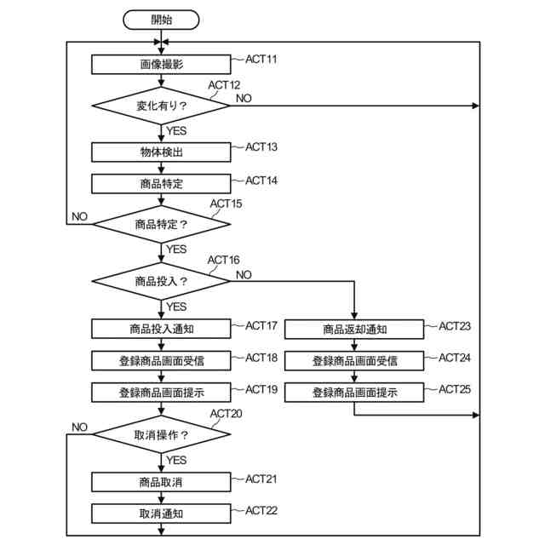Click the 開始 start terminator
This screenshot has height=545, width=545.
161,20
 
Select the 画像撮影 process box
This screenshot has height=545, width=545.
161,65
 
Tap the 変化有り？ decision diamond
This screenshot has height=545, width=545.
161,106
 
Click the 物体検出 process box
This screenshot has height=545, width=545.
161,152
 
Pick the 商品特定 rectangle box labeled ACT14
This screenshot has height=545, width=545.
161,184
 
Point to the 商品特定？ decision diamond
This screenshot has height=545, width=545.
161,224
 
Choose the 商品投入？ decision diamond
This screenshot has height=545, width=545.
161,281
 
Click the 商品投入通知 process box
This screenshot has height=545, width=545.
161,329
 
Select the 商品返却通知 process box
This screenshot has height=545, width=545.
354,330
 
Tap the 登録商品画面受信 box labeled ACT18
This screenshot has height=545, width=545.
161,361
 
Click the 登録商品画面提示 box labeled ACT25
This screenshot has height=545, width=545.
354,393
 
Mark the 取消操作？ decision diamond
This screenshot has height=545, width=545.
161,434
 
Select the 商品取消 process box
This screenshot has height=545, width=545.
161,482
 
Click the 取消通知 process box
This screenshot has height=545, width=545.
161,513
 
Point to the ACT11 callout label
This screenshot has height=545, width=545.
261,60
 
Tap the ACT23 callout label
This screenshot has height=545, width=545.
454,326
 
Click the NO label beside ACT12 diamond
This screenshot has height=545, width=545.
244,99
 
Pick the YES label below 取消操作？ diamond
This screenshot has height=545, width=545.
176,460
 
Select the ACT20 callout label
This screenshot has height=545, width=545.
226,414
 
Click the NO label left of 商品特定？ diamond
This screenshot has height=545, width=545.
79,216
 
